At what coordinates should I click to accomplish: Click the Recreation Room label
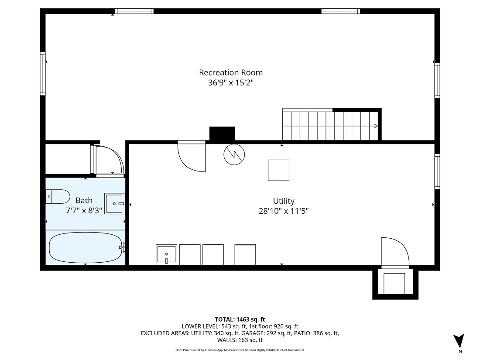pos(231,72)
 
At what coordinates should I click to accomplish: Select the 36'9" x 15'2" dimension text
pos(231,82)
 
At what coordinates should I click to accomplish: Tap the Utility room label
pos(284,201)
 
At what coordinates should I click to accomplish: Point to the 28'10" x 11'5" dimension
pos(284,211)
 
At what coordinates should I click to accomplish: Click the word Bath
pos(84,201)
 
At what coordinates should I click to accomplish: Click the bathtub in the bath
pos(85,247)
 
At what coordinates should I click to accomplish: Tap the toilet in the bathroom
pos(58,196)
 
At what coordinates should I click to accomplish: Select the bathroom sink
pos(115,203)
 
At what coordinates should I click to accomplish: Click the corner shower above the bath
pos(108,160)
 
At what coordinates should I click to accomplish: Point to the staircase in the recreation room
pos(329,126)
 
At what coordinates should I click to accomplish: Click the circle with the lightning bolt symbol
pos(234,154)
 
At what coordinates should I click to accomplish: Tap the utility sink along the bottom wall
pos(166,255)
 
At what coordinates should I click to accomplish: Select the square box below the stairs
pos(278,170)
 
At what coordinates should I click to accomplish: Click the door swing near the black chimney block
pos(191,155)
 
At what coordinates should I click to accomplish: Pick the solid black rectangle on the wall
pos(222,134)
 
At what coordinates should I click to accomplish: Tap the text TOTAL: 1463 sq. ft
pos(240,319)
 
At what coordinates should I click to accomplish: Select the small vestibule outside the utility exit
pos(395,283)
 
